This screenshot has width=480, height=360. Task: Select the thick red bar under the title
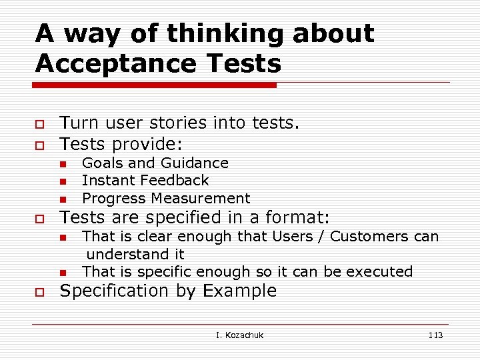tap(155, 85)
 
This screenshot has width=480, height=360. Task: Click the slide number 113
tap(435, 335)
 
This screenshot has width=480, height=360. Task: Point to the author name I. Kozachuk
tap(240, 335)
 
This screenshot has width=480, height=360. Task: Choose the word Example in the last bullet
tap(240, 291)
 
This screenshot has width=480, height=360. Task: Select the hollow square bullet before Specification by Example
tap(40, 292)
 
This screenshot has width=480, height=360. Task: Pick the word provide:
tap(148, 144)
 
